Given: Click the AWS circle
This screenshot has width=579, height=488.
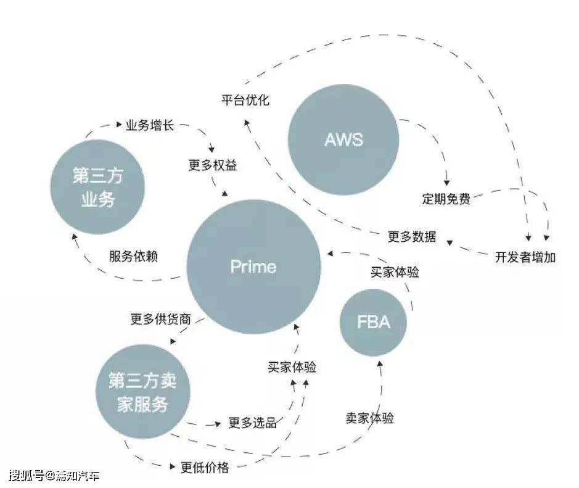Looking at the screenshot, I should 343,139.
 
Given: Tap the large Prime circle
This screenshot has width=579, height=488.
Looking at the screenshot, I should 253,267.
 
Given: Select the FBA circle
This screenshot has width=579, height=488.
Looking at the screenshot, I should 373,322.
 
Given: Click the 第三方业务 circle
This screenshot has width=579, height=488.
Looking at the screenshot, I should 97,187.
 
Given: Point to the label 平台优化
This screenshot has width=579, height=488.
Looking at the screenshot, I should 245,100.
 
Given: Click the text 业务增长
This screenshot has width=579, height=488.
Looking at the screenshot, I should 150,125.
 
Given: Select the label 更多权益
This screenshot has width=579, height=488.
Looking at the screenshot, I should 213,165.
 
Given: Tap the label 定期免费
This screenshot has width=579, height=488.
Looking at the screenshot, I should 446,199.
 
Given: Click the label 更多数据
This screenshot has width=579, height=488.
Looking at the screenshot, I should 412,236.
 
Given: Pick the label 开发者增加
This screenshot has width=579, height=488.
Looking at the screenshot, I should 525,257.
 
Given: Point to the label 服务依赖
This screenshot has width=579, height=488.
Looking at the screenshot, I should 133,256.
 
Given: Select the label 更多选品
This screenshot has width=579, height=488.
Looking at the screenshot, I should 252,423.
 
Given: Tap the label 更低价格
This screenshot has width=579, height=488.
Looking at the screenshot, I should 205,468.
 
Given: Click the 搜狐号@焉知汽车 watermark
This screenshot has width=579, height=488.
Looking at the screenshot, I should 54,476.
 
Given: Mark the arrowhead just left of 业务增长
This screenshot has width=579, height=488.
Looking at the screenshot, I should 119,125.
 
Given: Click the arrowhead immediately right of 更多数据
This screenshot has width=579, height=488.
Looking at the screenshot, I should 448,241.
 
